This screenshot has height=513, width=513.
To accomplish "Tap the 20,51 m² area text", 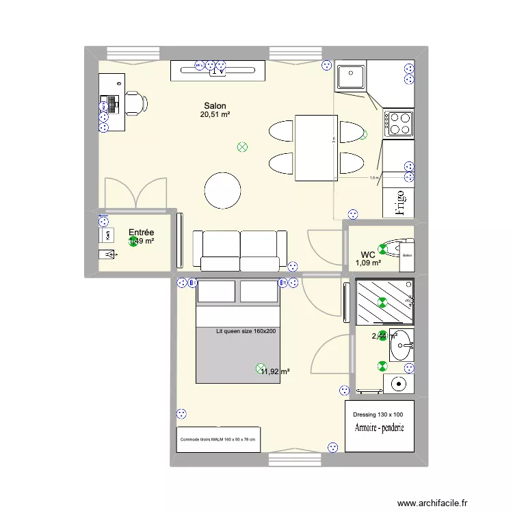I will [215, 115].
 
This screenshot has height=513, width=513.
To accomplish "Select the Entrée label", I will [142, 233].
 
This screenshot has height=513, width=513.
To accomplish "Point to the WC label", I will [368, 254].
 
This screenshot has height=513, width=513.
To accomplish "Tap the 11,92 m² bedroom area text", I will [275, 371].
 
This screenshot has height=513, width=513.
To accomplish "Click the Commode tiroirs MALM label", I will [218, 439].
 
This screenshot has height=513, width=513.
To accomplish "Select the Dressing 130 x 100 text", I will [378, 415].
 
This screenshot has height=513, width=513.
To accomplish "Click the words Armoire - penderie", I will [380, 428].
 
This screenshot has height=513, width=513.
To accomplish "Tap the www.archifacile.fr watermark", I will [435, 502].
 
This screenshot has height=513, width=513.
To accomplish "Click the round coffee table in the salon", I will [223, 190].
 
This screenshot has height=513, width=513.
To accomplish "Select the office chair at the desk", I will [135, 103].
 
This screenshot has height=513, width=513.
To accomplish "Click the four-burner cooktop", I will [399, 123].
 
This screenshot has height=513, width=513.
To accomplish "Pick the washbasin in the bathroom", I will [402, 345].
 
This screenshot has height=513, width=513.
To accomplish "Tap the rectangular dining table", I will [316, 148].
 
